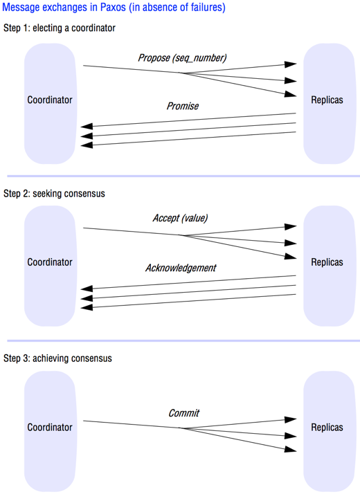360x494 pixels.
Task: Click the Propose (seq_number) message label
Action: click(182, 58)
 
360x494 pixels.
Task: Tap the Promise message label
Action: click(183, 106)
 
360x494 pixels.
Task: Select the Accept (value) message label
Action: click(180, 218)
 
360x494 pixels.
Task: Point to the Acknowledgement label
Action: click(181, 268)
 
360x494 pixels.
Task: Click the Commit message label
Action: click(183, 413)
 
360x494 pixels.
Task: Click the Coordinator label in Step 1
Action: click(50, 100)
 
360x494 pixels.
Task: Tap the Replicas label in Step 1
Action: click(327, 100)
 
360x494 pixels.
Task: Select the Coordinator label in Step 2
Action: click(50, 262)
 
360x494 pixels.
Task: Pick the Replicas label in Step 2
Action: click(327, 262)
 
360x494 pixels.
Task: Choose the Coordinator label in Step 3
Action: click(50, 427)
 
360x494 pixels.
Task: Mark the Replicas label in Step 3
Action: click(327, 427)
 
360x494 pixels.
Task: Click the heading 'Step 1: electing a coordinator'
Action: click(60, 28)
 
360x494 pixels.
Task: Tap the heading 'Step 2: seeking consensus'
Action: click(54, 194)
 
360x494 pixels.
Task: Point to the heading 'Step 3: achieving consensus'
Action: click(57, 358)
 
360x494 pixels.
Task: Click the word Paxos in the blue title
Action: click(113, 7)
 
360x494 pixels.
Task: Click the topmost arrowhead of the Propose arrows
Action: click(290, 64)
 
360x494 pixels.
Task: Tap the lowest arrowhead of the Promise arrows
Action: click(87, 145)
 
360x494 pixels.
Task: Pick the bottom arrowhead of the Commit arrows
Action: click(290, 449)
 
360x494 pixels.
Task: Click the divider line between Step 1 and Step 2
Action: click(183, 176)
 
